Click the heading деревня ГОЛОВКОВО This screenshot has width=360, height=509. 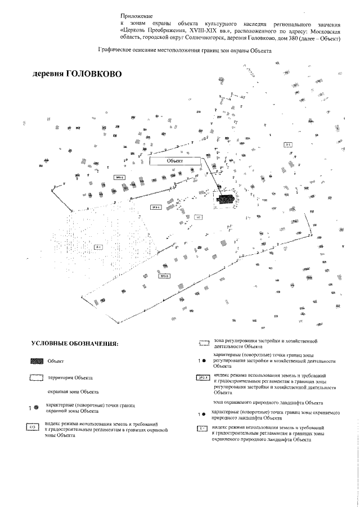coord(76,74)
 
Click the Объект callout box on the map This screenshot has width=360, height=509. coord(175,161)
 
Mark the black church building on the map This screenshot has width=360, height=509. coord(226,199)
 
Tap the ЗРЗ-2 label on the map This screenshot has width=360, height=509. coord(119,177)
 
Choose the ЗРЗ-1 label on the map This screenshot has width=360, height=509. coord(156,208)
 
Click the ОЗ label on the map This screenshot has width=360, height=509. coord(198,217)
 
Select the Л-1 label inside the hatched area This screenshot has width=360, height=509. coord(98,247)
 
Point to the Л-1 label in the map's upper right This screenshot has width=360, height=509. coord(288,145)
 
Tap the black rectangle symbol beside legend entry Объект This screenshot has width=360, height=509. coord(37,361)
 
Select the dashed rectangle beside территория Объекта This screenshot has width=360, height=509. coord(35,378)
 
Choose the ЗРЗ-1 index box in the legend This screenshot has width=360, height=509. coord(202,378)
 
